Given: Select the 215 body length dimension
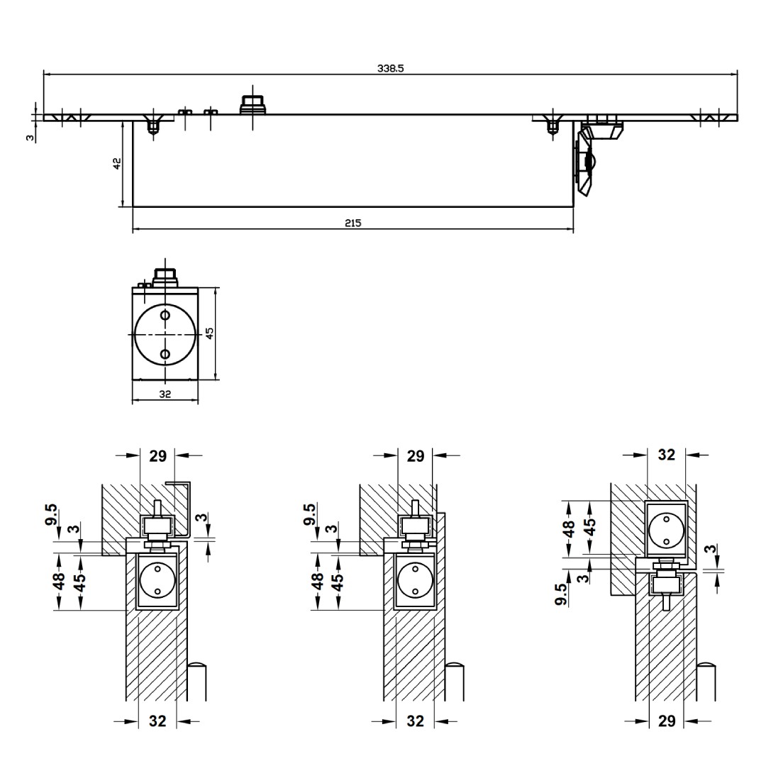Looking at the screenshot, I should (353, 223).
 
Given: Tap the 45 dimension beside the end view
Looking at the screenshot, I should (209, 333).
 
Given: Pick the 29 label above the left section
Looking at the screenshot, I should (157, 456).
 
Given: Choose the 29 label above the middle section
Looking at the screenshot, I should (416, 456).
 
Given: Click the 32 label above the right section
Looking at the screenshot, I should (667, 455).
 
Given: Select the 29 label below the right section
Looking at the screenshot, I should (667, 721).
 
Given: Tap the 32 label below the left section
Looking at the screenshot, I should (157, 721).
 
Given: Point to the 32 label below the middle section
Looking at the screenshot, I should (416, 721).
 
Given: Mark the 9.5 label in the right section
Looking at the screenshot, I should (561, 594).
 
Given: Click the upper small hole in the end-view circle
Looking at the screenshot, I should (165, 315).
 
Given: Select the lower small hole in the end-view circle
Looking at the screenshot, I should (165, 354).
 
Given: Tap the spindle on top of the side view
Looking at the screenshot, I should (252, 104).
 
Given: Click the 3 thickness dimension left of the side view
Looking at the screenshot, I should (30, 137).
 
